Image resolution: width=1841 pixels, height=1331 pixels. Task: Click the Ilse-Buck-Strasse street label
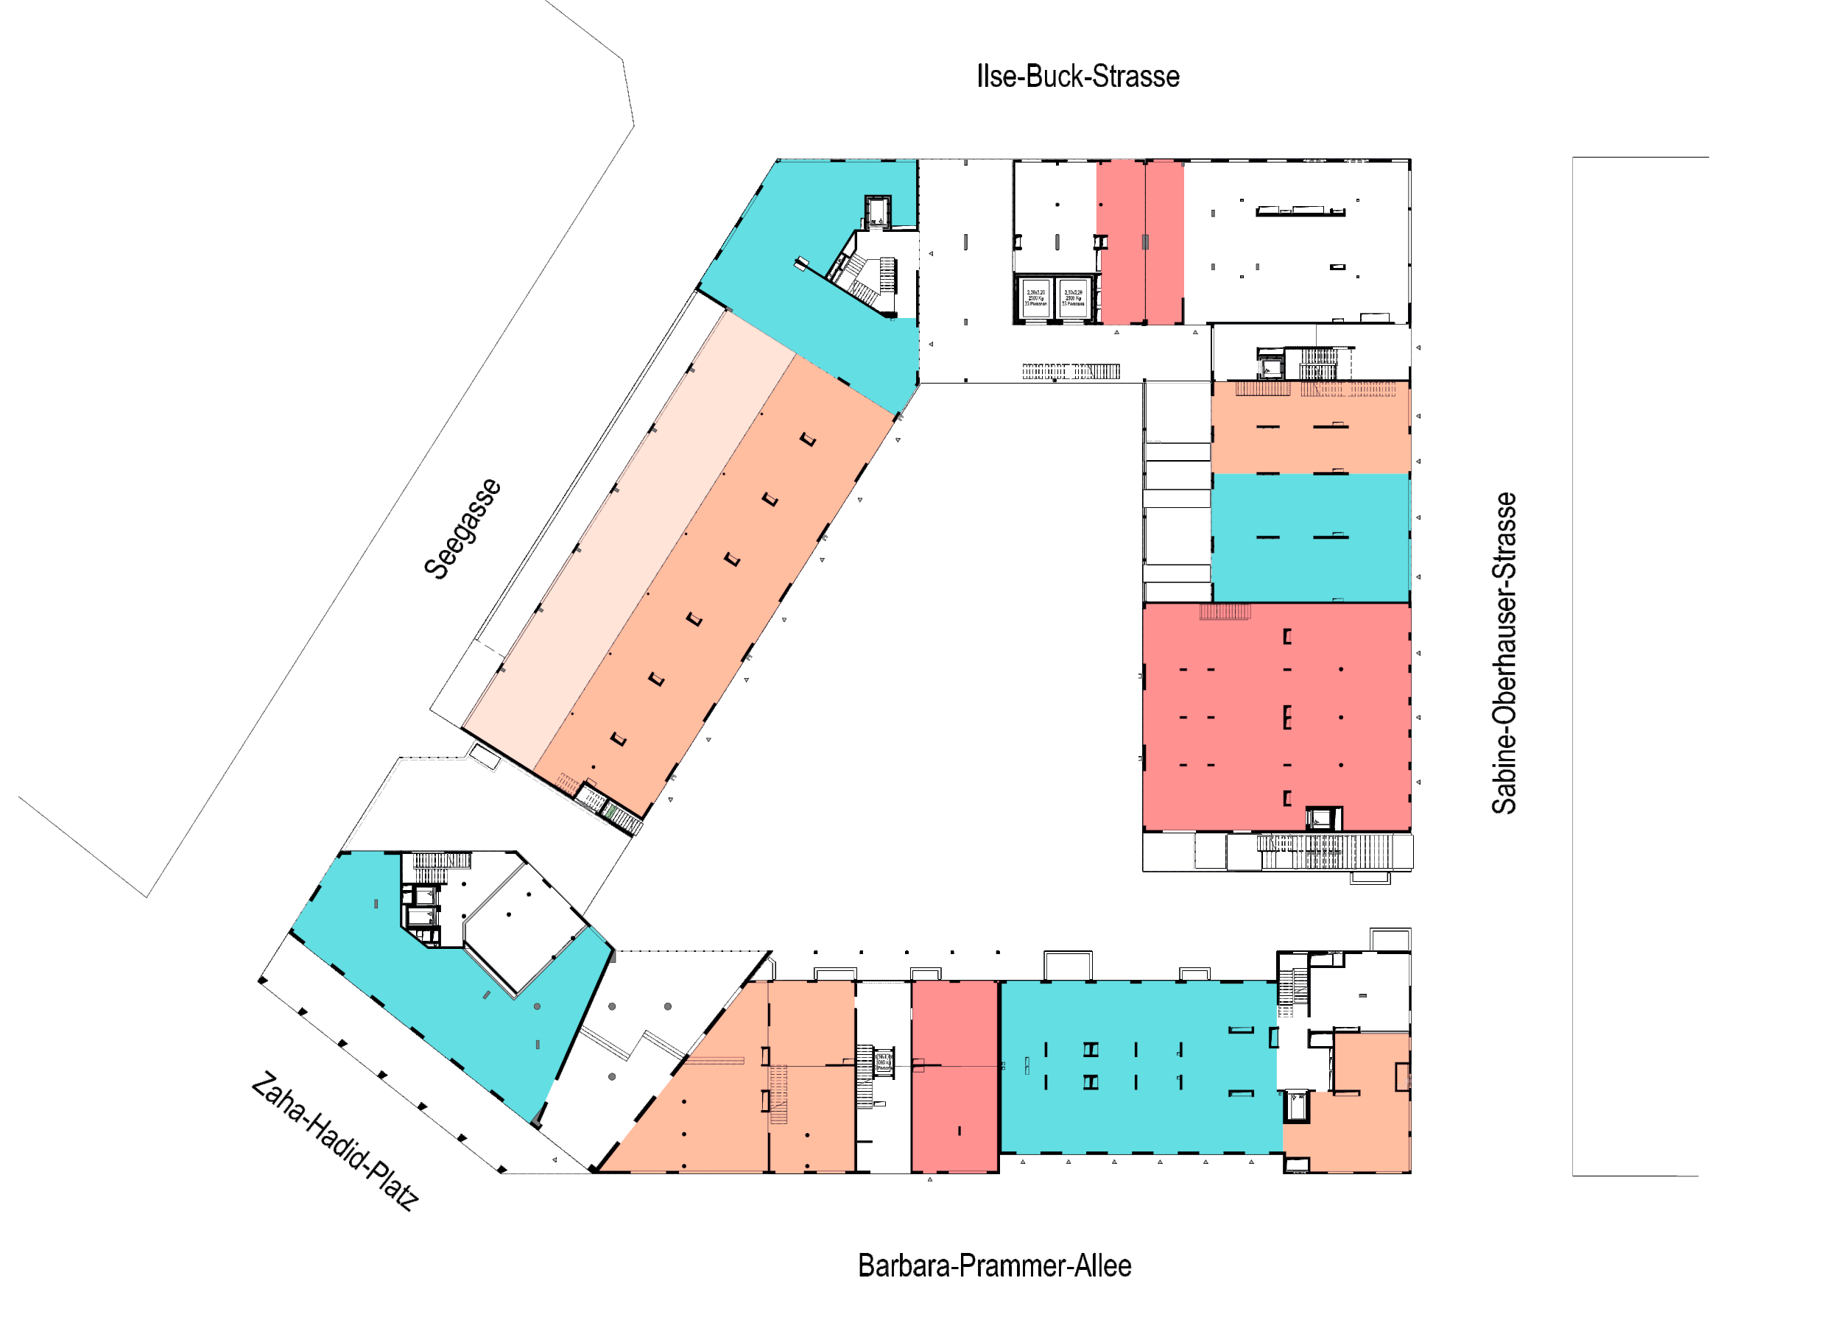click(x=1077, y=77)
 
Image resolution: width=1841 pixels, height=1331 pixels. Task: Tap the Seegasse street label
click(x=462, y=529)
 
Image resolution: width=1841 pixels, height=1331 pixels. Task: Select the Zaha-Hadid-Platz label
click(x=334, y=1140)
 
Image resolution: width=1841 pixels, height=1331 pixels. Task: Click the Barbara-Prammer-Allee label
click(x=993, y=1265)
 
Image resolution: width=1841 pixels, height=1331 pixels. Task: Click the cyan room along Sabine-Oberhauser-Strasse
click(x=1309, y=537)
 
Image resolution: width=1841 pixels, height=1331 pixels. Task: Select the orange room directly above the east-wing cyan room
click(x=1309, y=428)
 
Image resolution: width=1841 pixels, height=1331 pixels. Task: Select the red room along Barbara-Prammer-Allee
click(x=954, y=1076)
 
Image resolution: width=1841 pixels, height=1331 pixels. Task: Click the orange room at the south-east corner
click(x=1364, y=1120)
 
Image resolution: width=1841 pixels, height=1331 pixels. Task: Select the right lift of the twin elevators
click(x=1073, y=299)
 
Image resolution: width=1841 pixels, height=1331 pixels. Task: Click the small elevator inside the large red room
click(x=1323, y=818)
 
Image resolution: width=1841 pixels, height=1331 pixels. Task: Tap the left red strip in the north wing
click(x=1120, y=243)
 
